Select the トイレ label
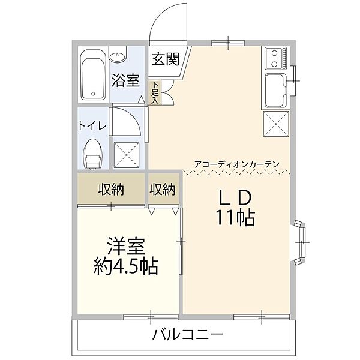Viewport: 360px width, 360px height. tap(92, 125)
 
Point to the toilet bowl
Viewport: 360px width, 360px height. tap(94, 153)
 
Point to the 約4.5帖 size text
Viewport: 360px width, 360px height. tap(126, 266)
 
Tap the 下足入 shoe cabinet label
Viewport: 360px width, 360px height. tap(154, 92)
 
